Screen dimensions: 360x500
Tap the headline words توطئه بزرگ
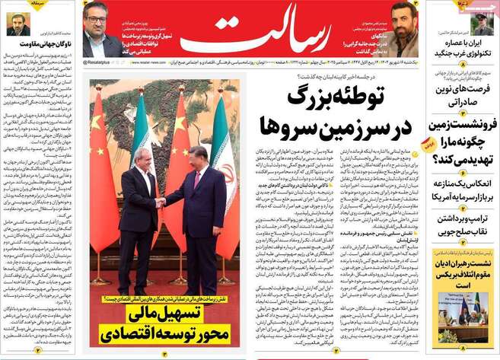[x=336, y=99]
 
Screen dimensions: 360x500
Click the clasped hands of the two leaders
[x=161, y=202]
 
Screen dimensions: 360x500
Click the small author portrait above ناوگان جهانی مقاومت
[x=18, y=24]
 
